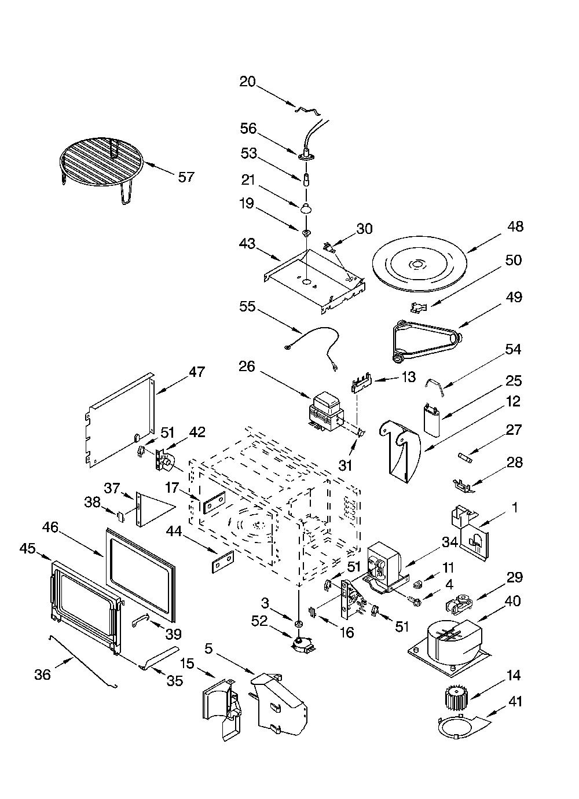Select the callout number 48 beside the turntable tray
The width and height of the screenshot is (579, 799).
coord(515,226)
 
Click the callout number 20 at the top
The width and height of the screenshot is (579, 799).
coord(248,82)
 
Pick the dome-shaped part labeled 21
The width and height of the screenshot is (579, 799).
coord(305,208)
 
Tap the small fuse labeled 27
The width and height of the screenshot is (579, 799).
coord(464,457)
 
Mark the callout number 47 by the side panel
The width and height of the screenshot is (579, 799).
coord(196,372)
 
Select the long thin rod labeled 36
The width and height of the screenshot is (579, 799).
coord(83,661)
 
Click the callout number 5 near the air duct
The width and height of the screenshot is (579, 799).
coord(208,648)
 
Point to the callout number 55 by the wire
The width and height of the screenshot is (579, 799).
coord(248,306)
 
